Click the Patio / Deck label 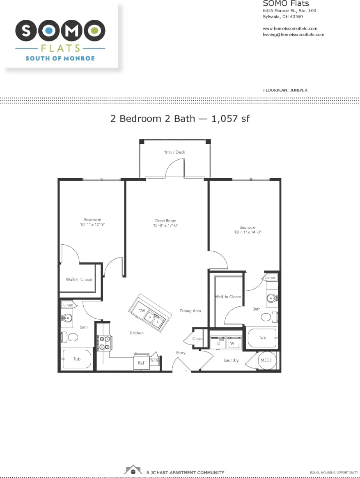point(174,152)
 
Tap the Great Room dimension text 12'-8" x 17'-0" point(166,225)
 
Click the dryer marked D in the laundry point(218,342)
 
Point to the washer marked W point(232,342)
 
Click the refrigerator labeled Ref point(141,363)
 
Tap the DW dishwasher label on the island point(142,310)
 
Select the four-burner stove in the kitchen point(104,343)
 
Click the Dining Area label point(190,311)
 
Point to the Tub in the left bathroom point(77,359)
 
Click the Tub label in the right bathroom point(262,338)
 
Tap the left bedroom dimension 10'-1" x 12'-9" point(92,225)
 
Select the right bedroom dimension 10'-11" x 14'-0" point(248,232)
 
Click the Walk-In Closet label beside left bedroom point(79,280)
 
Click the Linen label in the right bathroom point(270,278)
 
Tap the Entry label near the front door point(181,353)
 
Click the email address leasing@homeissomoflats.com point(293,34)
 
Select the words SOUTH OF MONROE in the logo point(60,58)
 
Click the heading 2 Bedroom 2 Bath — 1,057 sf point(180,119)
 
